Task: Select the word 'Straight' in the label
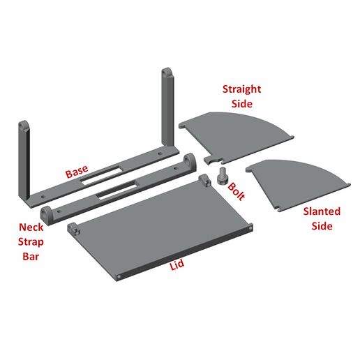tap(241, 89)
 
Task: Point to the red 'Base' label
tap(77, 172)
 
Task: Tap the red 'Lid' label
tap(178, 267)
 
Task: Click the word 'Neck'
tap(31, 227)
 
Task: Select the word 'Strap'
tap(31, 242)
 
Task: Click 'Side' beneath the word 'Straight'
tap(241, 103)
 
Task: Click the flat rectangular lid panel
tap(160, 227)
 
